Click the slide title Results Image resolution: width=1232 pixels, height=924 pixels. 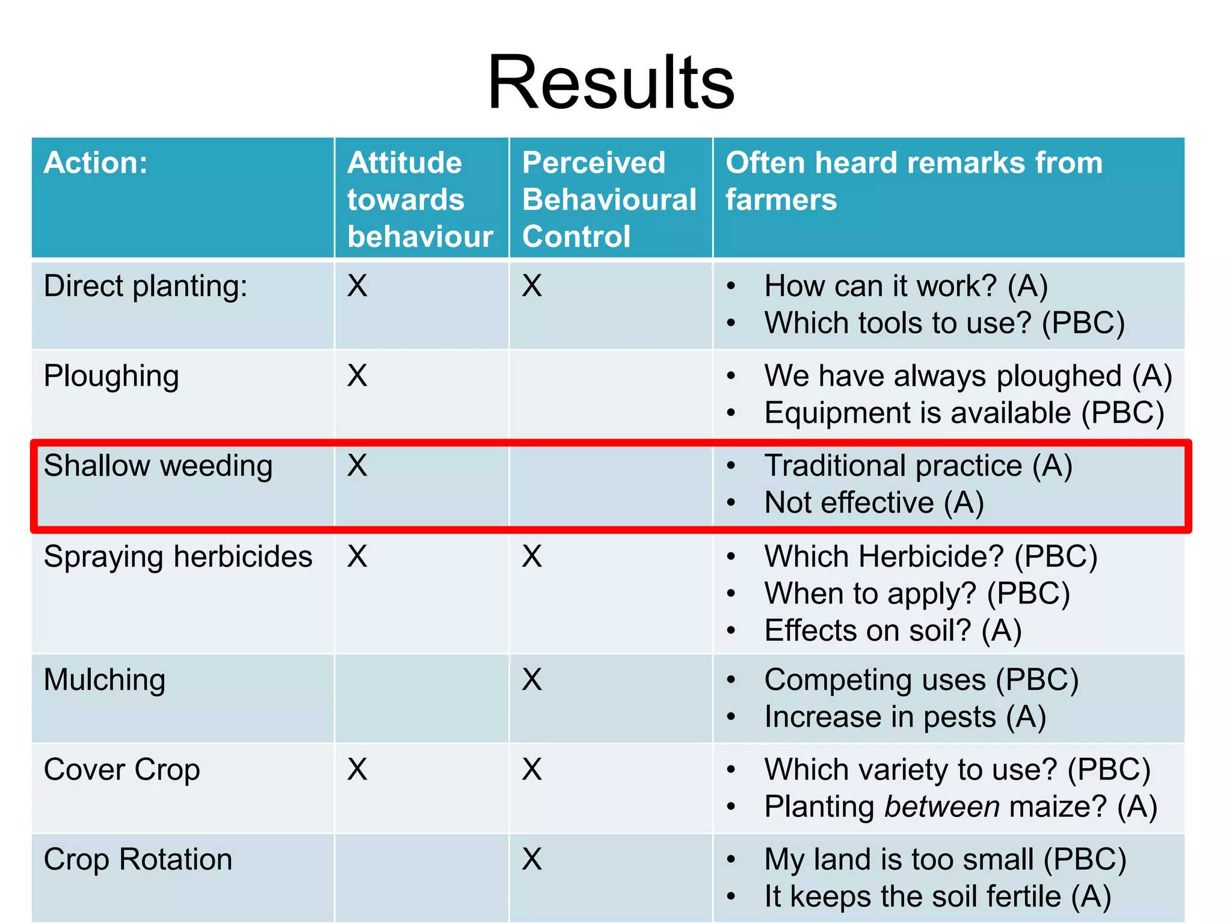pyautogui.click(x=611, y=82)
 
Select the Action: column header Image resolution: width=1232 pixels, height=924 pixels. pyautogui.click(x=96, y=163)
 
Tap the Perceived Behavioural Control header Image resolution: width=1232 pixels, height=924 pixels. pyautogui.click(x=609, y=199)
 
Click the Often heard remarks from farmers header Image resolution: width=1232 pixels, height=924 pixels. pyautogui.click(x=914, y=180)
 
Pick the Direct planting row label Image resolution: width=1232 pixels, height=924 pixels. pyautogui.click(x=146, y=286)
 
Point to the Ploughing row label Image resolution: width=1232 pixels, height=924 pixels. pyautogui.click(x=111, y=377)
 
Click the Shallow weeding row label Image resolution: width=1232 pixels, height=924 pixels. pyautogui.click(x=158, y=466)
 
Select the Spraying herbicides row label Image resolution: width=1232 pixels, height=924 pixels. pyautogui.click(x=178, y=556)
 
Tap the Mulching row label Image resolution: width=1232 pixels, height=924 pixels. pyautogui.click(x=105, y=680)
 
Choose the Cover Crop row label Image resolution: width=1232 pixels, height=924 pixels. pyautogui.click(x=122, y=770)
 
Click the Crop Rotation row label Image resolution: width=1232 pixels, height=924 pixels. pyautogui.click(x=138, y=860)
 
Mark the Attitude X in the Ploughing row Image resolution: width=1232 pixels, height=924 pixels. pyautogui.click(x=357, y=376)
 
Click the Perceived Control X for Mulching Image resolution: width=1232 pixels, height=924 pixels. pyautogui.click(x=532, y=680)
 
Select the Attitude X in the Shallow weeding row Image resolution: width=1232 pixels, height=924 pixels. pyautogui.click(x=357, y=466)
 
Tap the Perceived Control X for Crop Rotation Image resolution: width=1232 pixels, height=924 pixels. pyautogui.click(x=532, y=859)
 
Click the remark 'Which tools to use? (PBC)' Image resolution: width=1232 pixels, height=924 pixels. pyautogui.click(x=944, y=323)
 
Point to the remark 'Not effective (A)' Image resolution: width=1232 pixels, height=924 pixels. pyautogui.click(x=874, y=503)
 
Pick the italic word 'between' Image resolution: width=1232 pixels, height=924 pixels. pyautogui.click(x=942, y=807)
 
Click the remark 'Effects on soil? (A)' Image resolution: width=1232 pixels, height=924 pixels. pyautogui.click(x=893, y=631)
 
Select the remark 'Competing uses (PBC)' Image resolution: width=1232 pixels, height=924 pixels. pyautogui.click(x=921, y=680)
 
